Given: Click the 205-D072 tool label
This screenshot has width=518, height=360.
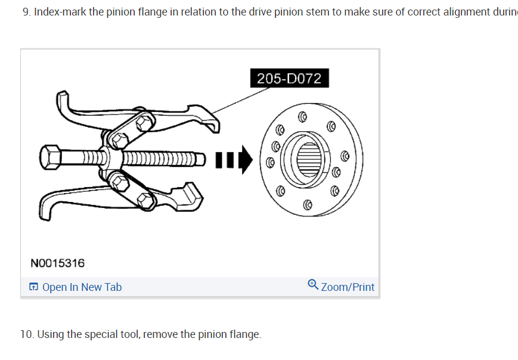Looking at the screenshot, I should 289,79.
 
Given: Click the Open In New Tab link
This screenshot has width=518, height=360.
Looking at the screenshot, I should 82,287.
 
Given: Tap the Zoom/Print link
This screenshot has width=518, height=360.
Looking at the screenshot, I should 348,287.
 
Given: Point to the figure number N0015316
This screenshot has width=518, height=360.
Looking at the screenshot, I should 57,263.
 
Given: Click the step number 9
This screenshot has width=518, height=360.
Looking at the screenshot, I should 26,13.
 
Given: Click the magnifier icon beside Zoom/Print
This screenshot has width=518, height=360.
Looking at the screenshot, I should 313,285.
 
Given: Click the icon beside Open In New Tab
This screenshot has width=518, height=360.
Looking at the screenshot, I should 33,287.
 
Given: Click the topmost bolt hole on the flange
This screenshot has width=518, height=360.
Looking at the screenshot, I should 302,116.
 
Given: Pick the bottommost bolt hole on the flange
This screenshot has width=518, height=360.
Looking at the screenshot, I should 308,204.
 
